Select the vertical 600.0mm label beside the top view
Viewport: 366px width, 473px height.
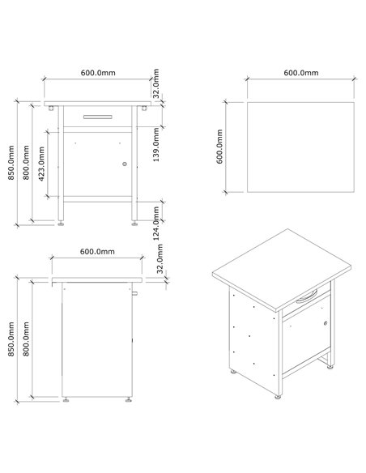[x=219, y=147]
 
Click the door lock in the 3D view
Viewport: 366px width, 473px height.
[x=325, y=324]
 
